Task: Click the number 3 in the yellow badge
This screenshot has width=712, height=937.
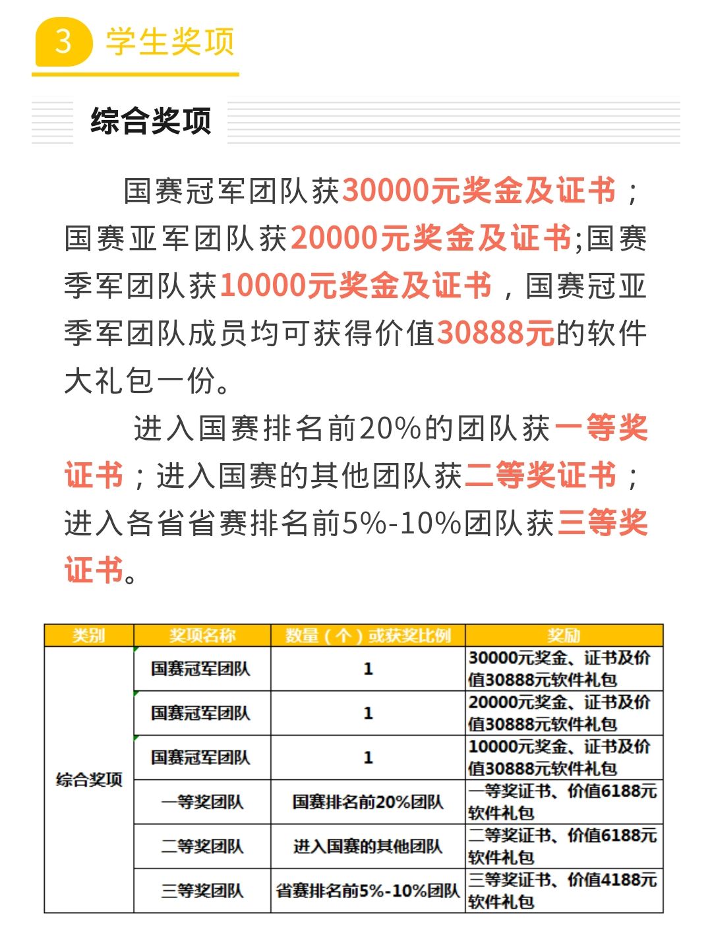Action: [63, 42]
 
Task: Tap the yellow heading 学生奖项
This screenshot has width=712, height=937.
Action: [170, 42]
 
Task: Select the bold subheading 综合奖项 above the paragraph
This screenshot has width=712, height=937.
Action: [151, 121]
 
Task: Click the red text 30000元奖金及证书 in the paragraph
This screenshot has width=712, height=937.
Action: [479, 191]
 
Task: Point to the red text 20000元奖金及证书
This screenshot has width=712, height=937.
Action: [430, 238]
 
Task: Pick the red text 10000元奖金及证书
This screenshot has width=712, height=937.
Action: [356, 286]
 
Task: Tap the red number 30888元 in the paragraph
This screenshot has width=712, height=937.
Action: [495, 333]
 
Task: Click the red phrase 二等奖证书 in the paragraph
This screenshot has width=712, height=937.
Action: [541, 475]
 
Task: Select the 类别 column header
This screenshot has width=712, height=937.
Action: [89, 636]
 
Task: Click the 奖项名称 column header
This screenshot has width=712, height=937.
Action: [202, 636]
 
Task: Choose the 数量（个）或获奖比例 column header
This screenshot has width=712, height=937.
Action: [368, 636]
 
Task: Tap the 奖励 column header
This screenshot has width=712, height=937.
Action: [564, 636]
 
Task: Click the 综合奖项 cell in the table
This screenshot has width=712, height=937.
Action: [89, 779]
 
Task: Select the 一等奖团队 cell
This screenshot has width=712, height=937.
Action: [202, 802]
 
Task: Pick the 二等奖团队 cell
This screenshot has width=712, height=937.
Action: [202, 846]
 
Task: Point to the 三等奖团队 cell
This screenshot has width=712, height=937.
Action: [202, 891]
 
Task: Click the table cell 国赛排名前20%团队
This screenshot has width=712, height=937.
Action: [368, 802]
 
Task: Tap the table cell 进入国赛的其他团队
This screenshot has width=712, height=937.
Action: [368, 846]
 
